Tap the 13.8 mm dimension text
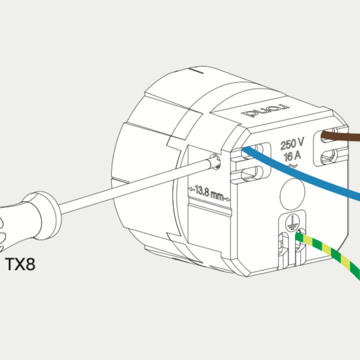(207, 195)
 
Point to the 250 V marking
(292, 143)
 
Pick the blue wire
(307, 173)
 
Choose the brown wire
(343, 136)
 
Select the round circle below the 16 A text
(292, 191)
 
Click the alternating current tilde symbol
(290, 166)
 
